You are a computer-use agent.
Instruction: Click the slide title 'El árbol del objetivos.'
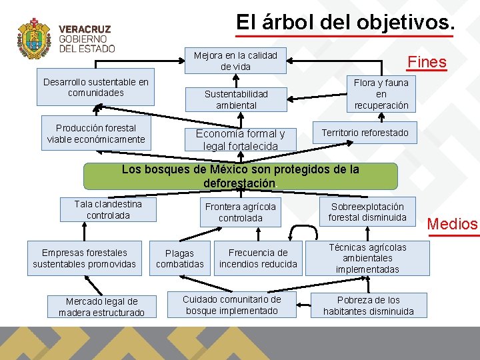(x=345, y=22)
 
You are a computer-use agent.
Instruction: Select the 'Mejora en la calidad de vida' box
(x=235, y=61)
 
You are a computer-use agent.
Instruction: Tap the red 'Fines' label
(x=427, y=62)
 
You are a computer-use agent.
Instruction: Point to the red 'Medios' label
(x=453, y=224)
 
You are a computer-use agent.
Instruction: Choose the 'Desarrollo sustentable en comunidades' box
(x=95, y=87)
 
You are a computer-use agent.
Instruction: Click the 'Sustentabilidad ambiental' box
(x=236, y=100)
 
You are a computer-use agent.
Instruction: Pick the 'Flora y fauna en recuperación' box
(x=381, y=94)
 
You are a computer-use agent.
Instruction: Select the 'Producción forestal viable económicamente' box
(x=95, y=133)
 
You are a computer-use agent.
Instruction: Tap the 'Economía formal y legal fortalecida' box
(x=240, y=139)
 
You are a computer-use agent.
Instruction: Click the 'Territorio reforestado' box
(x=365, y=133)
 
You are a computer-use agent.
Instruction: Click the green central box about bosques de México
(x=240, y=176)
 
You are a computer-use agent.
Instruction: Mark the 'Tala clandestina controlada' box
(x=108, y=209)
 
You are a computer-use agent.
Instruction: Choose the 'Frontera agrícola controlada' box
(x=240, y=212)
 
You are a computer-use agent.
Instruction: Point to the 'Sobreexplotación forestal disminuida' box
(x=367, y=212)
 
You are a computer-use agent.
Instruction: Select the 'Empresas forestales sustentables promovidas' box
(x=84, y=258)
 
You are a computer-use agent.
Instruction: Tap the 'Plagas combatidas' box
(x=180, y=258)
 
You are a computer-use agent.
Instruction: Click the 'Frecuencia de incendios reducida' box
(x=258, y=258)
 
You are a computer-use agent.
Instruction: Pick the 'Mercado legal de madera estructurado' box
(x=101, y=307)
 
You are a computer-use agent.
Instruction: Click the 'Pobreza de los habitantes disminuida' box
(x=369, y=305)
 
